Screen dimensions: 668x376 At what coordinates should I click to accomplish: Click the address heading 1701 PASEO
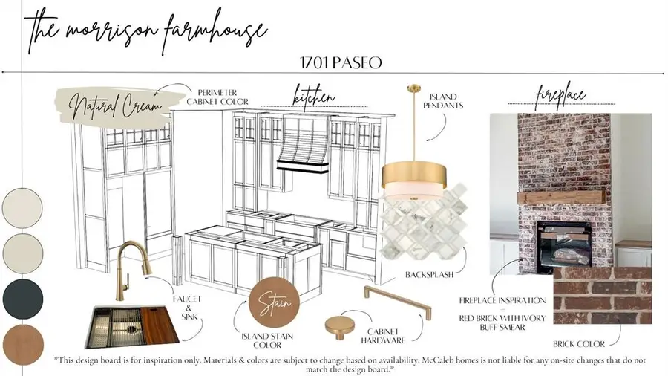click(341, 63)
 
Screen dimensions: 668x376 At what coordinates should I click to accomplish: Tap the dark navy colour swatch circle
click(22, 299)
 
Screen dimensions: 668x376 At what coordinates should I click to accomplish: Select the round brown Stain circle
click(275, 302)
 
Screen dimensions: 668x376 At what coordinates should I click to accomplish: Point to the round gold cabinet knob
click(339, 328)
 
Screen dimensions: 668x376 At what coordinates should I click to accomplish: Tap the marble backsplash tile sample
click(422, 222)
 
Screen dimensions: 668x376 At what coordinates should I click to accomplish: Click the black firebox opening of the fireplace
click(564, 247)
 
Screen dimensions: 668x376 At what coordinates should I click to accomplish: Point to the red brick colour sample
click(603, 295)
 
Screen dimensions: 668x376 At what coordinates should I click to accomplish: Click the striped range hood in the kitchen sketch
click(303, 145)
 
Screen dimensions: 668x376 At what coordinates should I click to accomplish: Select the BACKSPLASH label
click(430, 274)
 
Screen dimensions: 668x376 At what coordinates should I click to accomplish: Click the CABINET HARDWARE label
click(383, 336)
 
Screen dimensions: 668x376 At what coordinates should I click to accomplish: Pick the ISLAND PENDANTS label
click(443, 101)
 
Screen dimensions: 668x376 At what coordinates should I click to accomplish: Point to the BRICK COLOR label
click(579, 343)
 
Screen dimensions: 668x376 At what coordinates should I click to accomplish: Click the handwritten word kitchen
click(314, 97)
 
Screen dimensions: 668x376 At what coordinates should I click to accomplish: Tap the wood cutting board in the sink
click(159, 325)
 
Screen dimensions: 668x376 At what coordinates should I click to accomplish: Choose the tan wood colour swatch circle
click(23, 346)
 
